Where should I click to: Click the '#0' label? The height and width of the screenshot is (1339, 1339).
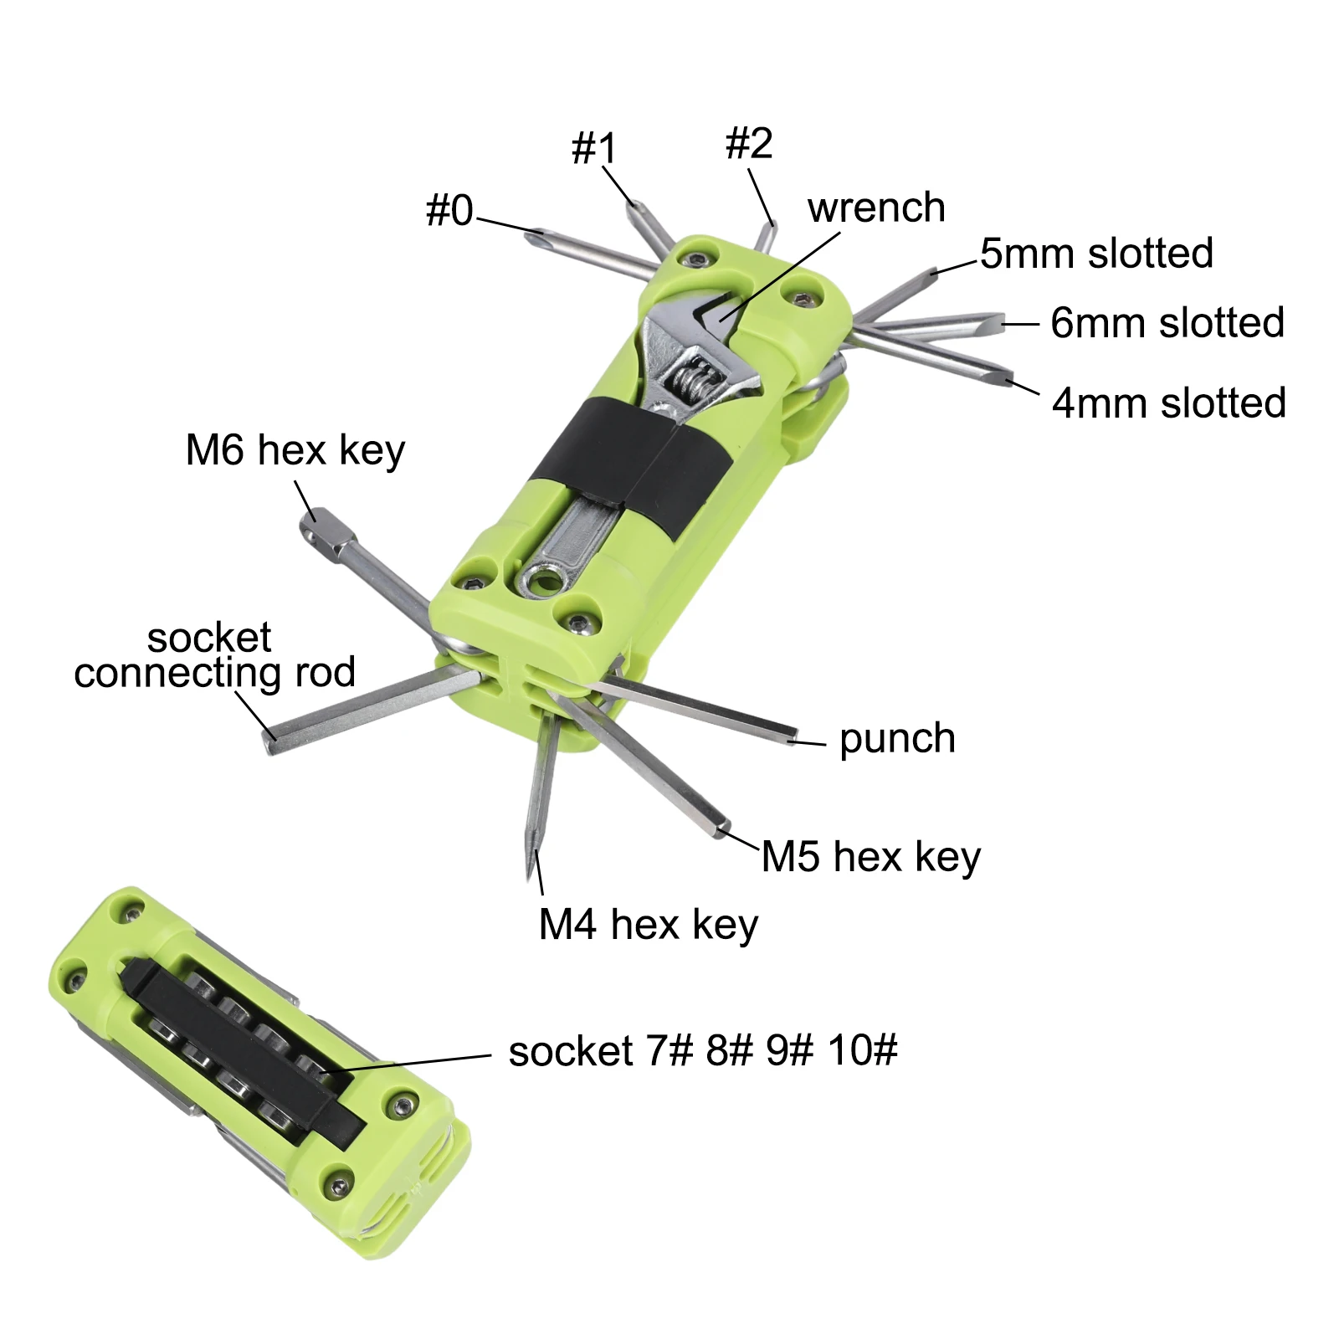tap(449, 210)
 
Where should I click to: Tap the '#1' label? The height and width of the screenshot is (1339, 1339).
tap(594, 148)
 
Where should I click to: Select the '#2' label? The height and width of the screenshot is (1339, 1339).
tap(749, 143)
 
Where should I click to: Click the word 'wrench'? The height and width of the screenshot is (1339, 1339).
tap(876, 208)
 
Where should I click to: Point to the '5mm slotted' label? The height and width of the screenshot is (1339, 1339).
tap(1096, 253)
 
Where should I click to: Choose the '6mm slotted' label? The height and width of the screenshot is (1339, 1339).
tap(1167, 322)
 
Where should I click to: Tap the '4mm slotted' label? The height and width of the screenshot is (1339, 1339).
tap(1169, 403)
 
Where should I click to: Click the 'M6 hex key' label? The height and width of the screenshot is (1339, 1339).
tap(295, 451)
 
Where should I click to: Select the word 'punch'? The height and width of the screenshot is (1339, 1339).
tap(897, 739)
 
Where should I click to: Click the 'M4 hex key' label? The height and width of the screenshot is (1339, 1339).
tap(649, 926)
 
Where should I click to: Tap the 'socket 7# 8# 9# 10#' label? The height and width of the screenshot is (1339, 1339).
tap(703, 1050)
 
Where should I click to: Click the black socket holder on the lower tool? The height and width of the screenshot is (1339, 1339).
tap(243, 1050)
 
